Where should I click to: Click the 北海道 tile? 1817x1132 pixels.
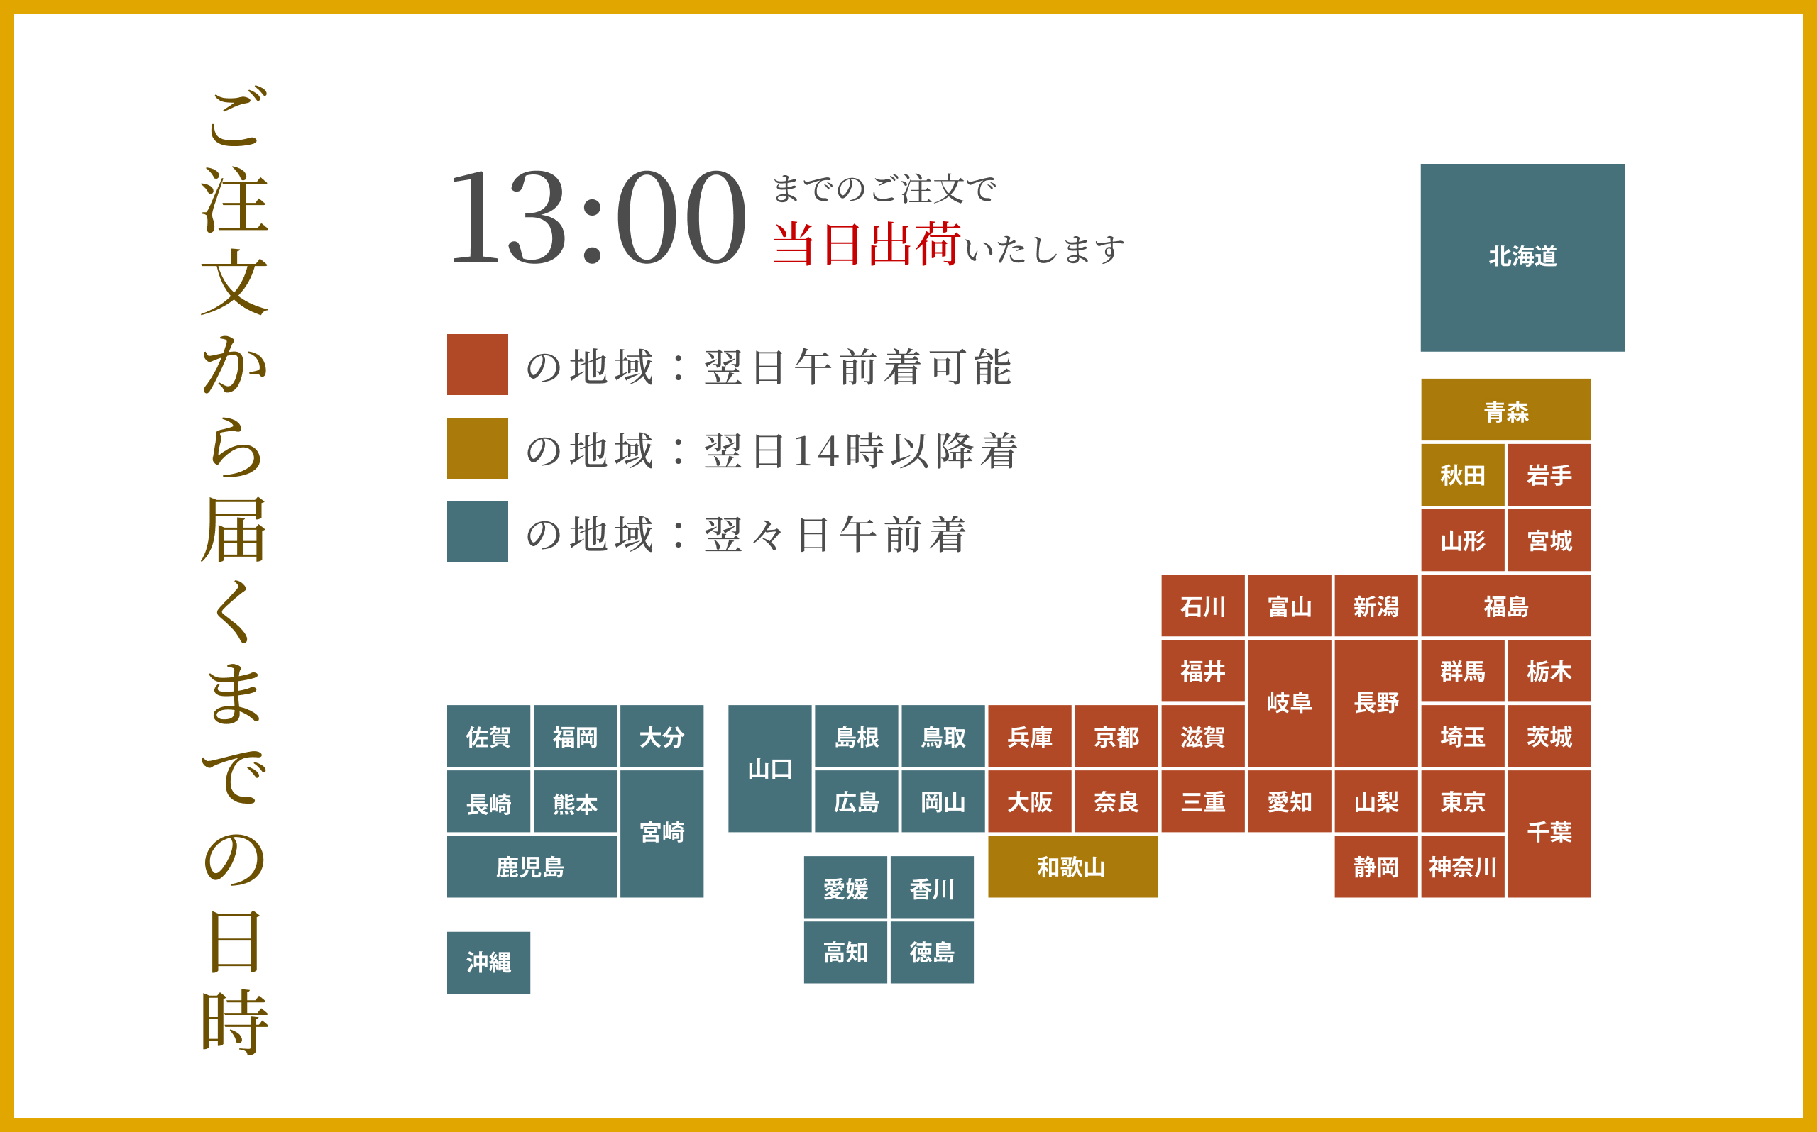1522,257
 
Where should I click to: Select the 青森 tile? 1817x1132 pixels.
1505,409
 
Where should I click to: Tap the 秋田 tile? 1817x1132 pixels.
1462,475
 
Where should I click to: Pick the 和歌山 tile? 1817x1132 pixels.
1072,866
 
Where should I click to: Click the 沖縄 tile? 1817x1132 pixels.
488,962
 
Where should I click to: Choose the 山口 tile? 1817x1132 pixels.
769,768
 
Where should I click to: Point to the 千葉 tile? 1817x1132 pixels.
1549,833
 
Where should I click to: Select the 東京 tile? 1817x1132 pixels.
1462,801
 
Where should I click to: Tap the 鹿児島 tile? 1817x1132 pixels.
531,866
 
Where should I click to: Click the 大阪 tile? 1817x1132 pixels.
1029,801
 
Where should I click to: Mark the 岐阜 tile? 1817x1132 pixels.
1289,703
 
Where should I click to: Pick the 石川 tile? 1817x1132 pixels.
1202,606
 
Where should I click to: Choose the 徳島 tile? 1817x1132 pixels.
932,952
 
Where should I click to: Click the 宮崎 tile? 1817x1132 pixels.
662,833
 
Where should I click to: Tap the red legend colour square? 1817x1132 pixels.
477,365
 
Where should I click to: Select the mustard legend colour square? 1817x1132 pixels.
477,448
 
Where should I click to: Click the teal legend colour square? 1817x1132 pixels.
477,531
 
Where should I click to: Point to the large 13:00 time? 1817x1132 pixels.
596,217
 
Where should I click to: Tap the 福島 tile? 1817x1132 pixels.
1505,606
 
